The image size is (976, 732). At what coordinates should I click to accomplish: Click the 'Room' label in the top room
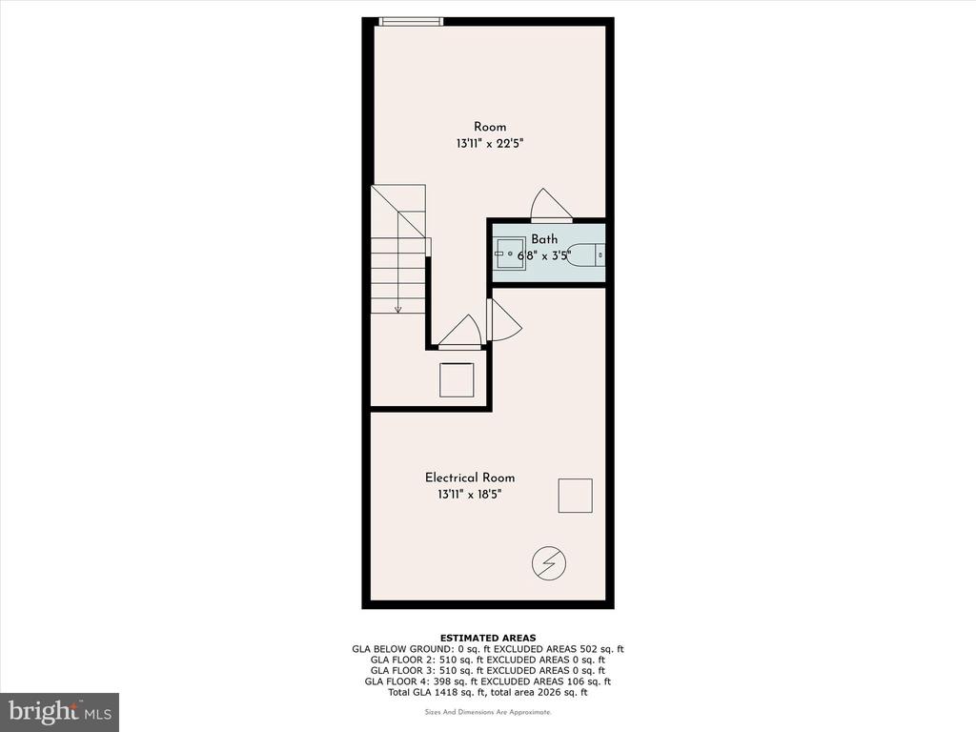click(x=490, y=127)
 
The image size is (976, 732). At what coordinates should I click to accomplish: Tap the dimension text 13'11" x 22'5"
click(x=490, y=144)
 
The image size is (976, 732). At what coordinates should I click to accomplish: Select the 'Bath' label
click(x=544, y=239)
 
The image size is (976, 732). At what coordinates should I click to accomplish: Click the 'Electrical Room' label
click(x=470, y=478)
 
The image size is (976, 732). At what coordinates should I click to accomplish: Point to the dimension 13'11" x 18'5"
click(x=470, y=495)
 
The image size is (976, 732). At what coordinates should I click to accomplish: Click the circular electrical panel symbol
click(x=549, y=564)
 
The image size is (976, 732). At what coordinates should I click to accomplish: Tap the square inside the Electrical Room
click(x=575, y=496)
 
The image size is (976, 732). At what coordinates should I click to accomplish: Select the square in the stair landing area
click(x=457, y=379)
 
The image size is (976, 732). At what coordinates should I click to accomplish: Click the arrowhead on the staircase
click(x=397, y=309)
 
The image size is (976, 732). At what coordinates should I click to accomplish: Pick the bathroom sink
click(x=510, y=254)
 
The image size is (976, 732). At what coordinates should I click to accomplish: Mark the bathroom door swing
click(x=551, y=205)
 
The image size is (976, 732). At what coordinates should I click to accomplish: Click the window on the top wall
click(x=411, y=22)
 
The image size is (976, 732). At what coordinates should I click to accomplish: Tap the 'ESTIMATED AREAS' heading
click(x=488, y=638)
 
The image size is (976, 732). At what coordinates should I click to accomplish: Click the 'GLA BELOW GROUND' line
click(x=488, y=648)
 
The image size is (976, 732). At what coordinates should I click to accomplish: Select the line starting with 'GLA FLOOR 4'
click(x=488, y=681)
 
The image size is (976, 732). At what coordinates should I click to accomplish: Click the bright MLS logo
click(x=60, y=711)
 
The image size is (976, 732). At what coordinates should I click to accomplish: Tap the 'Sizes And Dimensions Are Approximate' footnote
click(x=488, y=712)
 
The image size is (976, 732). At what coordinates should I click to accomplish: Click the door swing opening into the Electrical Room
click(x=505, y=320)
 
